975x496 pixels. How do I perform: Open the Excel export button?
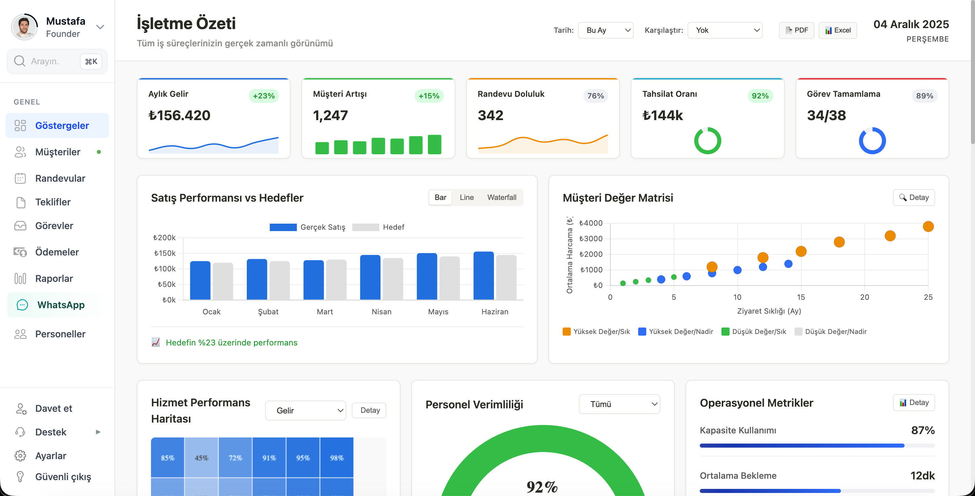coord(838,30)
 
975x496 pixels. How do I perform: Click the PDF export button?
coord(796,30)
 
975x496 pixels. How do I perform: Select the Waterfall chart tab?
coord(501,198)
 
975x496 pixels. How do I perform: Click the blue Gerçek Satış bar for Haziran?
coord(483,276)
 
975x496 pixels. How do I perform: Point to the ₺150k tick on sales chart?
coord(165,253)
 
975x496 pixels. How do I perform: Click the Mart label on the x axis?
coord(325,312)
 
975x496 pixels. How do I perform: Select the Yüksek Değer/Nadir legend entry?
coord(676,332)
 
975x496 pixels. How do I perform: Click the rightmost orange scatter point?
coord(928,227)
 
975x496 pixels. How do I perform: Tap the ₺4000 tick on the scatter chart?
coord(591,223)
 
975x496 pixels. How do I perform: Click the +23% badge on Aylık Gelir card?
coord(264,96)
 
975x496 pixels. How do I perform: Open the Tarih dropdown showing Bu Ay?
coord(606,30)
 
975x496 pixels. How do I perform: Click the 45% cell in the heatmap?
coord(201,458)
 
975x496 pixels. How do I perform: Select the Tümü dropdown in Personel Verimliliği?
coord(620,404)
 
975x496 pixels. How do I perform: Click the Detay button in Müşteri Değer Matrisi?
coord(914,198)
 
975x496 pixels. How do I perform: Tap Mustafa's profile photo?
coord(25,27)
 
